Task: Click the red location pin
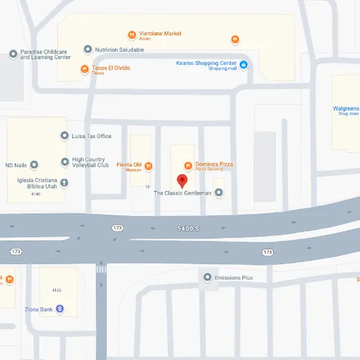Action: (182, 180)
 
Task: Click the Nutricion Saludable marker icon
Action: (87, 50)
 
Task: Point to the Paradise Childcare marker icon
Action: (13, 54)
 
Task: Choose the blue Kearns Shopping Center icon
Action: (243, 64)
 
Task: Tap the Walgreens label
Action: (346, 109)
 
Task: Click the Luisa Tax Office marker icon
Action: (64, 136)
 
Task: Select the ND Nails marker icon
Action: (34, 165)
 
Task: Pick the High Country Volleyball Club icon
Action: (64, 162)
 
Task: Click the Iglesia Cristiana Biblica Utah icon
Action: (64, 183)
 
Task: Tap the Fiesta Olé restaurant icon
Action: (148, 165)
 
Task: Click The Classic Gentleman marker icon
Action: (219, 192)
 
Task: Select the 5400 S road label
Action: (189, 228)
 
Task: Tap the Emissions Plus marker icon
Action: (207, 278)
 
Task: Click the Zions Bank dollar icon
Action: (59, 309)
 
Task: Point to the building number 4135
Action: (57, 290)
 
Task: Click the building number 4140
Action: (35, 194)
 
